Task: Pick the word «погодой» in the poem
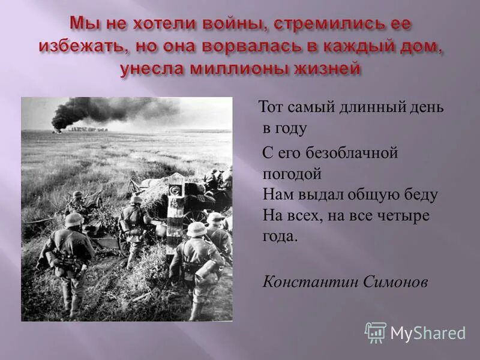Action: [292, 174]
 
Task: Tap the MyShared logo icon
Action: [376, 332]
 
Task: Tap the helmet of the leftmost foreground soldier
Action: [74, 220]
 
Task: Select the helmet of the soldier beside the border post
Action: [196, 229]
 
